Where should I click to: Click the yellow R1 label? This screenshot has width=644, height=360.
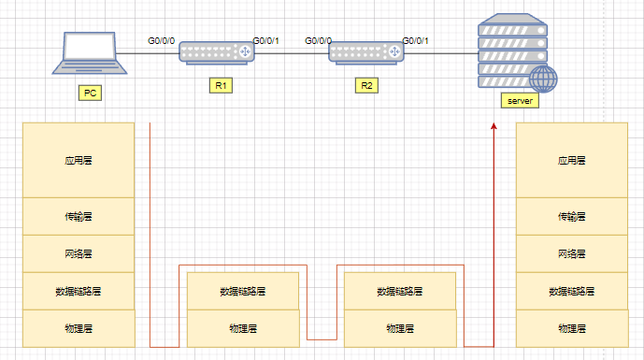[222, 85]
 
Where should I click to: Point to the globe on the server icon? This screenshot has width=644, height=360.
[543, 79]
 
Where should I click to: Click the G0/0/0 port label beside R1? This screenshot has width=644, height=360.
[162, 41]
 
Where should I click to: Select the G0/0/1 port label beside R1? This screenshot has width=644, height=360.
[266, 41]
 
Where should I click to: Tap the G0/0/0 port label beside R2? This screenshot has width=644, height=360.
[318, 41]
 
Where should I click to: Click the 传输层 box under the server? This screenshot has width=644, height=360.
[571, 216]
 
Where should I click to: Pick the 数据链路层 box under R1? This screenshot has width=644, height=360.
[243, 291]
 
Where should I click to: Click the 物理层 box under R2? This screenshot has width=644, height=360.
[400, 328]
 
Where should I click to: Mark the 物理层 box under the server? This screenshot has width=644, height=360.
[571, 328]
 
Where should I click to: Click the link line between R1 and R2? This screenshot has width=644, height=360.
[291, 53]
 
